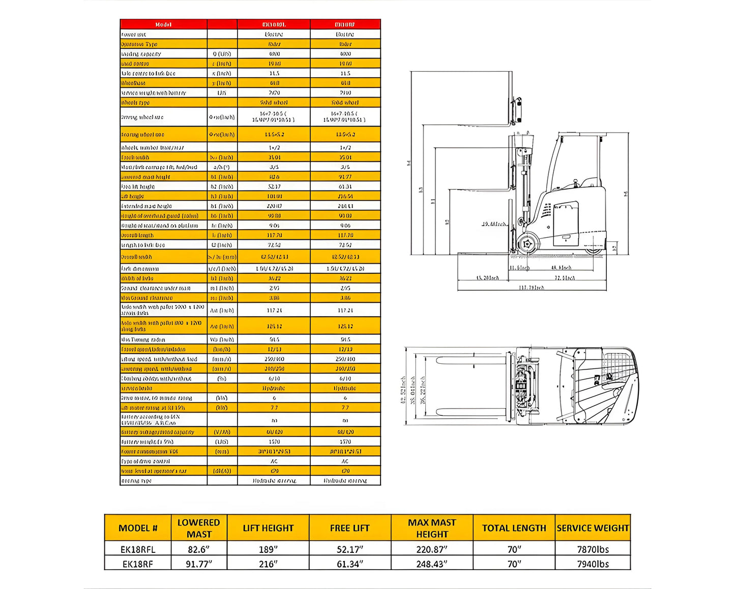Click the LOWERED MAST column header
198,528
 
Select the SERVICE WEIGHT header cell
593,528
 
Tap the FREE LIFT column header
349,528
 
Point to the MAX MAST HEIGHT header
432,528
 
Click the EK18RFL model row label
138,549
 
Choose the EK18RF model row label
138,564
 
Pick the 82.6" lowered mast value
198,549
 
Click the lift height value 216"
268,564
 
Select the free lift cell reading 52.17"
349,549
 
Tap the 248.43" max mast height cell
432,564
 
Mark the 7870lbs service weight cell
593,549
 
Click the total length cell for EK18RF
514,564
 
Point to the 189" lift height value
268,549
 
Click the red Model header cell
163,24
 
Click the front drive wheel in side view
527,244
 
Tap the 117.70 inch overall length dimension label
532,288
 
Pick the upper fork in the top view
471,360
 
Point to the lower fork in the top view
471,412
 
